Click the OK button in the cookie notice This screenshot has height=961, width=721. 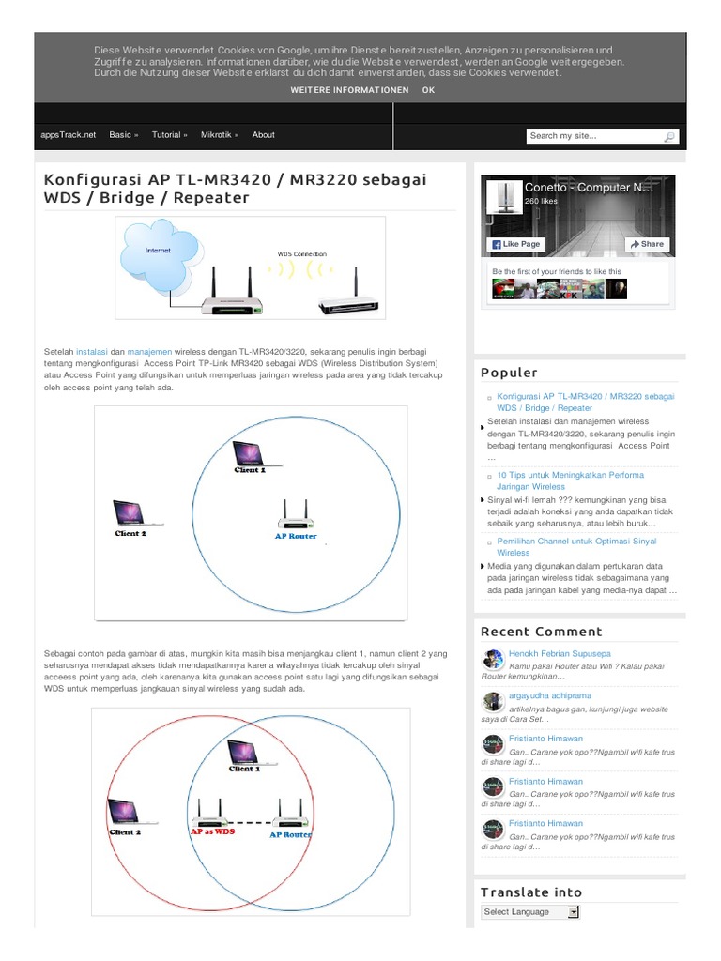click(428, 90)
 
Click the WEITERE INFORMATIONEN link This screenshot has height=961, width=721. click(349, 90)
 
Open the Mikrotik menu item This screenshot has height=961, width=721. click(220, 135)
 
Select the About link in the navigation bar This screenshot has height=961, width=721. click(263, 135)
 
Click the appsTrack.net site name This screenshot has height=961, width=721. click(68, 135)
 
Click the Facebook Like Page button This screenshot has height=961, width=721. click(516, 244)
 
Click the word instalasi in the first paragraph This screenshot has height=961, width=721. click(91, 352)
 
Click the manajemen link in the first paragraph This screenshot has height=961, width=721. click(149, 352)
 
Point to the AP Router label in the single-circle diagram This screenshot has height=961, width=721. click(296, 536)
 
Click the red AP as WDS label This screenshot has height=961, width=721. click(212, 831)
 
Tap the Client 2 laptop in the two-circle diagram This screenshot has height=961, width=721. click(125, 812)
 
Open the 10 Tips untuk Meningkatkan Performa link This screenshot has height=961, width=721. click(570, 481)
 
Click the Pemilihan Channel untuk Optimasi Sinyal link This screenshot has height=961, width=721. click(576, 547)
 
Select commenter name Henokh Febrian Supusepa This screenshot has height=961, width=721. click(560, 654)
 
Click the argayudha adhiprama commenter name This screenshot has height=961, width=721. click(550, 695)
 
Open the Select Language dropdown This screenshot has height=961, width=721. click(530, 912)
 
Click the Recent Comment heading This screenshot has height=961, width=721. click(542, 632)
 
